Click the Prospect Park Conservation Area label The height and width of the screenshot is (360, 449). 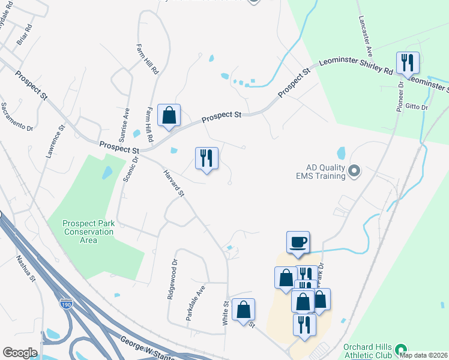click(x=88, y=232)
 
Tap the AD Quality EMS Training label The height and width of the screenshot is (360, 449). click(x=320, y=172)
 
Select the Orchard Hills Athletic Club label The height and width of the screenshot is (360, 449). click(x=367, y=351)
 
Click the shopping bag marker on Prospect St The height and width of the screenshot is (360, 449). click(x=169, y=115)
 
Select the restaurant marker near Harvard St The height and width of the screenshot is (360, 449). click(x=206, y=158)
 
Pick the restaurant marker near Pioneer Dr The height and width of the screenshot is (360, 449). click(x=408, y=62)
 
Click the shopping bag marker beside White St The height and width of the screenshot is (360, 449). click(x=243, y=310)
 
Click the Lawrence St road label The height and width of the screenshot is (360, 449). click(x=54, y=142)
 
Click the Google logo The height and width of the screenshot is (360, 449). click(x=20, y=353)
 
